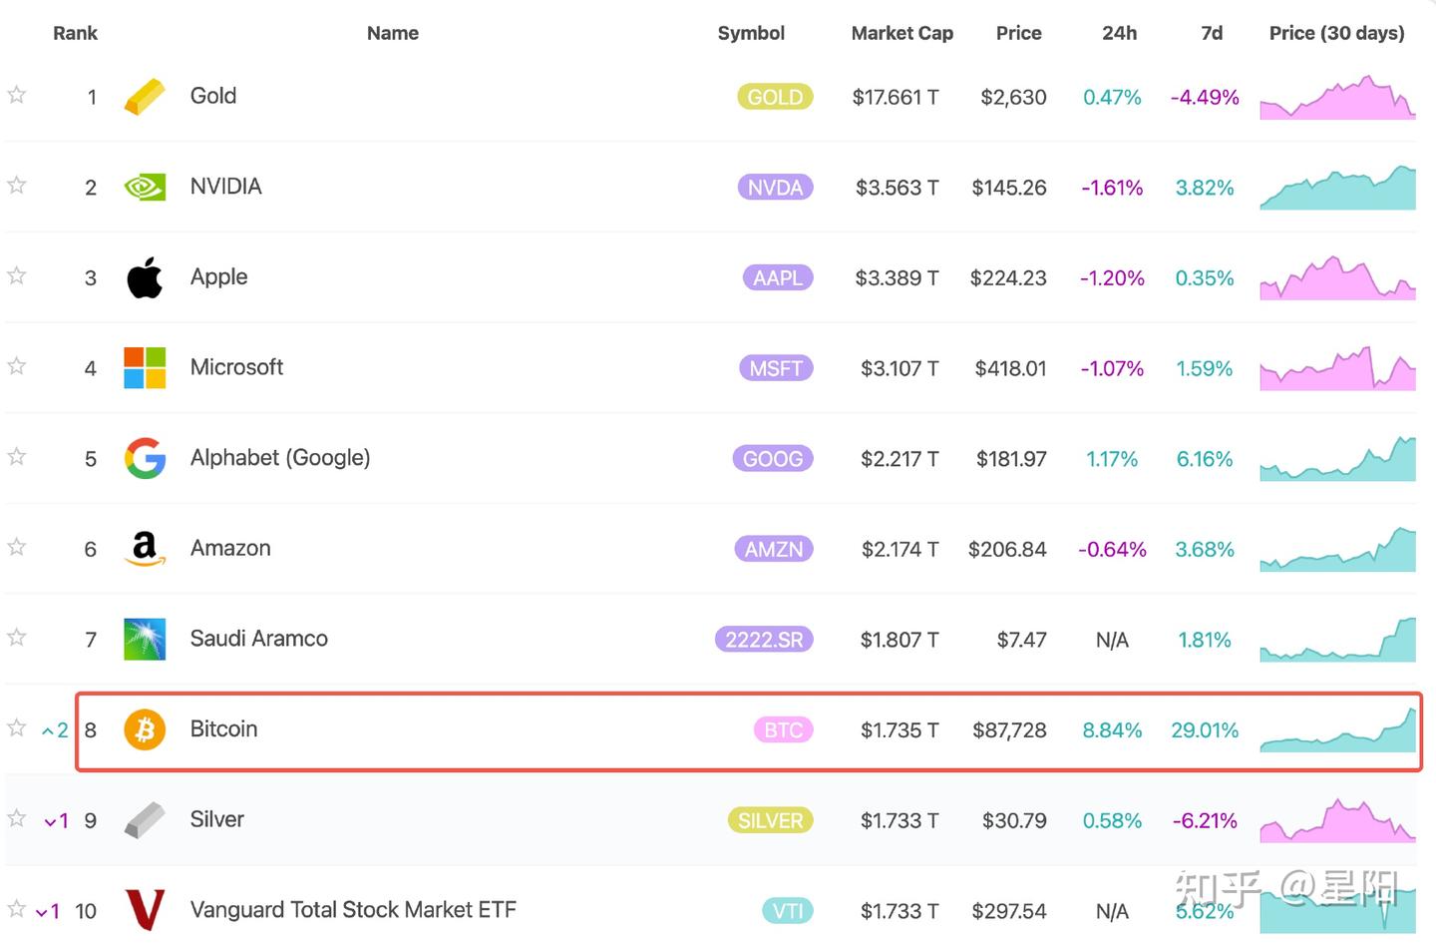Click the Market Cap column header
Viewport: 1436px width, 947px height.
pos(901,33)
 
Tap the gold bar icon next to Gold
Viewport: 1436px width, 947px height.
pos(145,97)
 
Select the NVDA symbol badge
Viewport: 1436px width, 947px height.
pos(775,188)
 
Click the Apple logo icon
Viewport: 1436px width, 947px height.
pos(145,277)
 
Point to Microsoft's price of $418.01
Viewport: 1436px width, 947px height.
pos(1010,368)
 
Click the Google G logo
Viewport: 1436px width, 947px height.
pos(145,458)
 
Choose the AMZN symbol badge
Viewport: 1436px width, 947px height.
pos(773,549)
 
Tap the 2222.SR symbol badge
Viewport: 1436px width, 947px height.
pos(764,640)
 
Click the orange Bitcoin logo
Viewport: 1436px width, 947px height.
pos(145,729)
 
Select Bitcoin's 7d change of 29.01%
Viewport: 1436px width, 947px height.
pos(1205,730)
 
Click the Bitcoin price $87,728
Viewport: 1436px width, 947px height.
pos(1009,730)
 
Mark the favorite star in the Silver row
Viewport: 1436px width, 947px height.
pos(17,818)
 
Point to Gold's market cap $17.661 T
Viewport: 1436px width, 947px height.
pos(895,97)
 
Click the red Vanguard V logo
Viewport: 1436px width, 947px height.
pos(145,910)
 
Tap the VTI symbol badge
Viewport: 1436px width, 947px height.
pos(788,911)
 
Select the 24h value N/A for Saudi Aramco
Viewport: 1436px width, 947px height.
pos(1112,640)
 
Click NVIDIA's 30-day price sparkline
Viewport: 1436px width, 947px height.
pos(1337,188)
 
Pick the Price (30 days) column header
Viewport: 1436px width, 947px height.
pos(1336,33)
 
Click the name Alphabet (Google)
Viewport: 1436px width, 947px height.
pos(280,458)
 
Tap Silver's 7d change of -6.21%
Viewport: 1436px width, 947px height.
pos(1205,820)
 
